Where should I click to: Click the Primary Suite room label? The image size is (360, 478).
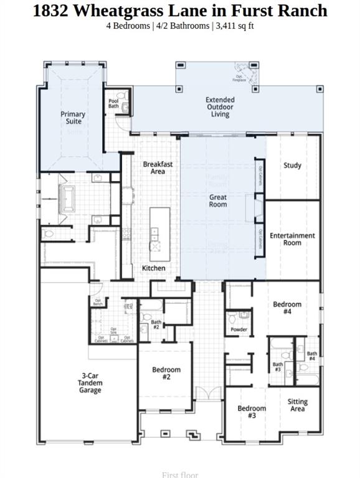(x=73, y=118)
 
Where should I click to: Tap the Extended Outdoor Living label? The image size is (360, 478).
(x=220, y=107)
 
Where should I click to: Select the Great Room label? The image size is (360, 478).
(x=218, y=200)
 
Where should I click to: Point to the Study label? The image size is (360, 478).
(x=292, y=166)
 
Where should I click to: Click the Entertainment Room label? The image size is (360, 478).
(x=292, y=239)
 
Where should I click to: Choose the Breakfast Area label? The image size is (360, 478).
(x=158, y=167)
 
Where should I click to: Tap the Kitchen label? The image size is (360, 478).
(x=154, y=268)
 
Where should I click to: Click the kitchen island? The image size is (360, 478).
(x=156, y=234)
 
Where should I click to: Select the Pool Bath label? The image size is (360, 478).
(x=113, y=103)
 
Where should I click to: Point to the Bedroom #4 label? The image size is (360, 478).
(x=287, y=308)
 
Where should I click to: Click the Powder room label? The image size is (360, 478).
(x=239, y=330)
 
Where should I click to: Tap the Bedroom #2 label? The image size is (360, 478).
(x=166, y=373)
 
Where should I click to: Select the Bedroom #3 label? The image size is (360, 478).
(x=252, y=412)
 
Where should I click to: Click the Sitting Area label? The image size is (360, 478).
(x=298, y=406)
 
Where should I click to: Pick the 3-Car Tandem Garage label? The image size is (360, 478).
(x=90, y=383)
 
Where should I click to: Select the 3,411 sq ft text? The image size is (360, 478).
(x=235, y=26)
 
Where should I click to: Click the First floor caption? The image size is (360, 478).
(x=179, y=474)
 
